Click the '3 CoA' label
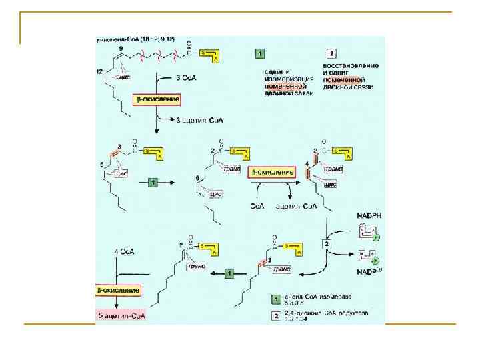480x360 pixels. [183, 79]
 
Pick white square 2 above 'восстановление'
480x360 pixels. [331, 53]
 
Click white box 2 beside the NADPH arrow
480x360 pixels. [327, 245]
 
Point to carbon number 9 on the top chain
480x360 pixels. [121, 49]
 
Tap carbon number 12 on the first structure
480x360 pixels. [99, 71]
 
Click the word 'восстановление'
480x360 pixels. [351, 65]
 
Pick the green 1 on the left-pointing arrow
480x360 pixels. [229, 273]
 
